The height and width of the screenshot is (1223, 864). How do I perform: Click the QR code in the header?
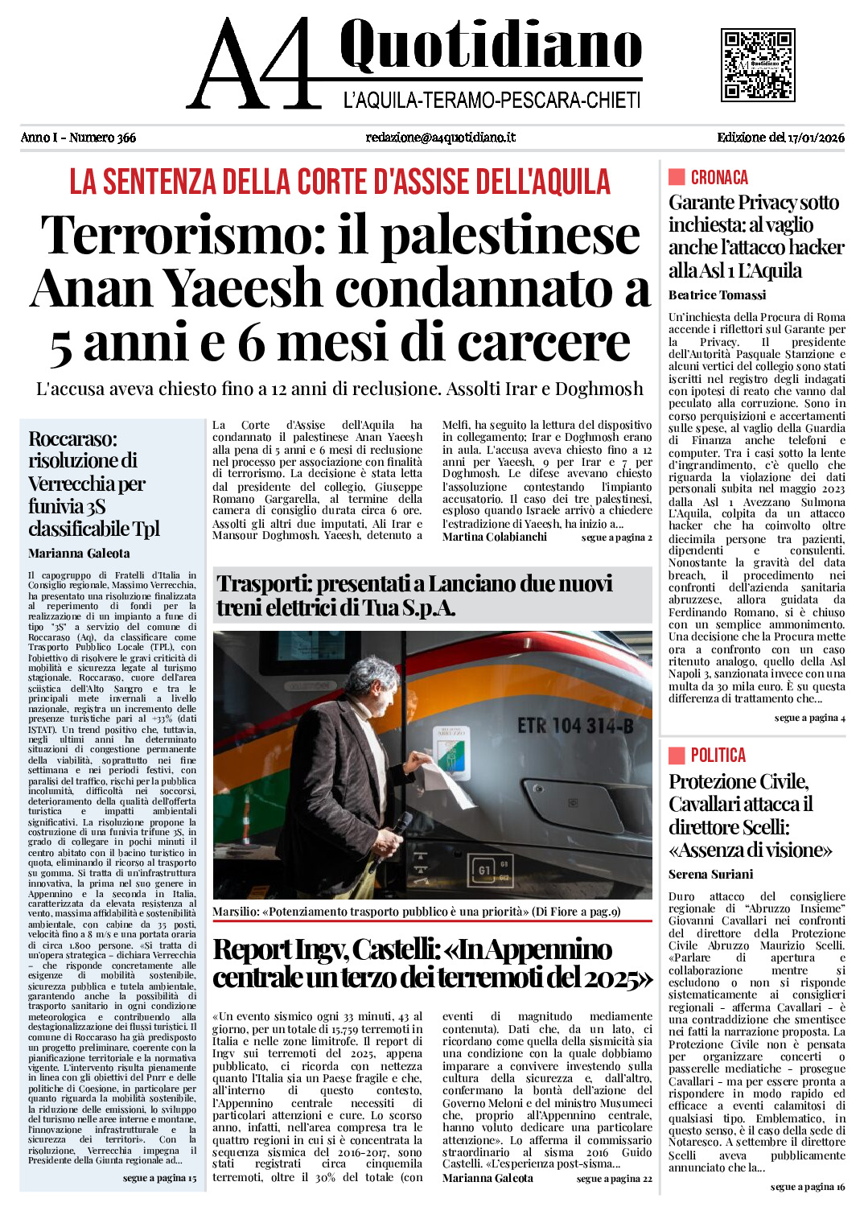click(x=757, y=64)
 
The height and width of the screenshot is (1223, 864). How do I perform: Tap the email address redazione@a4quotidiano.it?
click(x=440, y=138)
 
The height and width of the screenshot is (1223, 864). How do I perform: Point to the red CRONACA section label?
click(x=719, y=177)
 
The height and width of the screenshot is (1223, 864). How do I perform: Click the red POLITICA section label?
click(x=718, y=755)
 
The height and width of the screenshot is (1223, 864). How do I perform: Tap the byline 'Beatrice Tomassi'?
click(x=717, y=295)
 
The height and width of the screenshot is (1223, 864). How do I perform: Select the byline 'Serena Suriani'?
click(x=710, y=874)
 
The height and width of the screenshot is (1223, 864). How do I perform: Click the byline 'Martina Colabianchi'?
click(x=494, y=537)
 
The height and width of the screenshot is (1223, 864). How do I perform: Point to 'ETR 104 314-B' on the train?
click(x=574, y=726)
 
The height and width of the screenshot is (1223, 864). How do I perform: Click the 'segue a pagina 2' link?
click(x=616, y=537)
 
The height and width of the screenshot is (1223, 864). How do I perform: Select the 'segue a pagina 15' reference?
click(x=159, y=1178)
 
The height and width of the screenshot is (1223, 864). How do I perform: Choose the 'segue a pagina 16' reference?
click(x=807, y=1187)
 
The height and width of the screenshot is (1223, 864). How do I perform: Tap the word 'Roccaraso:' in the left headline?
click(x=72, y=439)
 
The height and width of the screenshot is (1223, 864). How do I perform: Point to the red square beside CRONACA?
click(x=677, y=177)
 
